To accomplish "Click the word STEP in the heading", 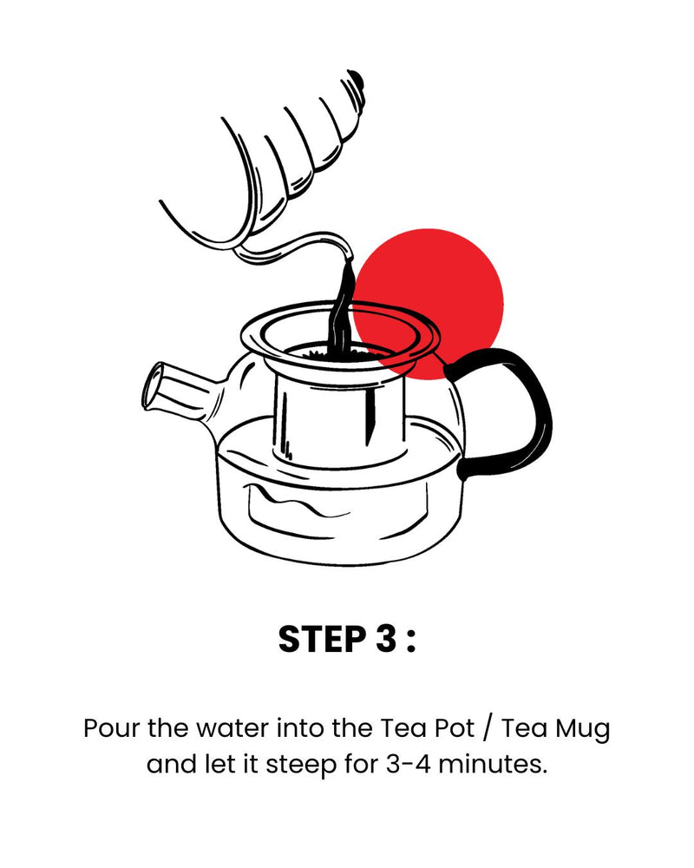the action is click(x=322, y=639).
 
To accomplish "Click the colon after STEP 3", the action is click(x=410, y=642).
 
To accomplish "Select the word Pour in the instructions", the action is click(x=111, y=727).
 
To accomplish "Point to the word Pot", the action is click(x=455, y=727).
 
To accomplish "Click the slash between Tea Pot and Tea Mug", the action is click(x=487, y=728).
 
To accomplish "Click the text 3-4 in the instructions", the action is click(x=408, y=765).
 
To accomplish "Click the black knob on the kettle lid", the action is click(x=357, y=79).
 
